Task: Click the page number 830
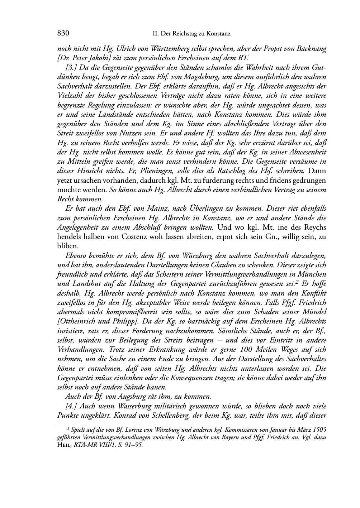pyautogui.click(x=63, y=34)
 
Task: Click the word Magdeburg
pyautogui.click(x=200, y=77)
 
